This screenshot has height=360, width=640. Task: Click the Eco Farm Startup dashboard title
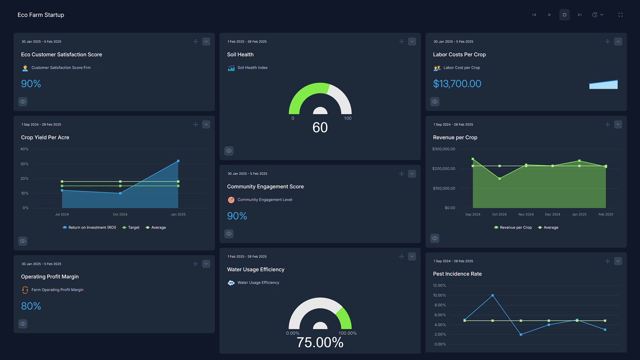tap(41, 15)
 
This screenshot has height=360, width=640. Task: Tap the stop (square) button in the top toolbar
tap(564, 15)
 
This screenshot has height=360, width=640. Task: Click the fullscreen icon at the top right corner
tap(620, 15)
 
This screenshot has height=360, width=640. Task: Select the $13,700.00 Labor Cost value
tap(457, 84)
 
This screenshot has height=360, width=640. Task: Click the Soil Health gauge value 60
tap(320, 128)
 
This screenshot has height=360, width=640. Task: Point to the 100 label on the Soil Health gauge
tap(348, 118)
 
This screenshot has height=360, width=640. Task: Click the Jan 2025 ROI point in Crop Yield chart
tap(178, 161)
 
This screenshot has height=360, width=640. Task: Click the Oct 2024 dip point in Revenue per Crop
tap(500, 179)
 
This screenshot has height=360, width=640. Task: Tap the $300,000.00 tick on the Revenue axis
tap(444, 149)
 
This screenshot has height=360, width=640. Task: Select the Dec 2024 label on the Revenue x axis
tap(552, 214)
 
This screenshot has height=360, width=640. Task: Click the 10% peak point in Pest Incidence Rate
tap(492, 296)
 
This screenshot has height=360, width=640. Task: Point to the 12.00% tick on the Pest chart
tap(439, 286)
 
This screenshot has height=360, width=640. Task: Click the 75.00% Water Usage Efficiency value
tap(320, 342)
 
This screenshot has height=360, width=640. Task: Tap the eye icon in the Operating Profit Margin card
tap(23, 324)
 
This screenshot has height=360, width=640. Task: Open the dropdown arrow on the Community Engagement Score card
tap(412, 174)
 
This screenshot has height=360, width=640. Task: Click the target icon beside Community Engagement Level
tap(231, 200)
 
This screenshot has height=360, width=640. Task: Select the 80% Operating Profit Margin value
tap(31, 306)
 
